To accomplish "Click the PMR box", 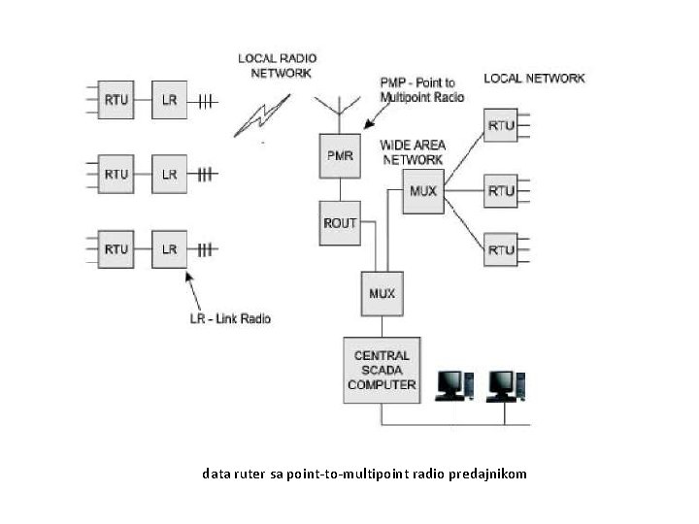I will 339,156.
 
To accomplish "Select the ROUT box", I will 339,222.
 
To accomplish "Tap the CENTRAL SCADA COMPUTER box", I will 382,370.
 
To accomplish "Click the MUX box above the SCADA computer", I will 382,293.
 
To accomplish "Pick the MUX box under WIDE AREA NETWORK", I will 423,191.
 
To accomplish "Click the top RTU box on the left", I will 116,100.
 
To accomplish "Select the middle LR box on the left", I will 170,175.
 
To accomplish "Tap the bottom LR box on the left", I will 170,249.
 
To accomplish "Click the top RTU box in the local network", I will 501,125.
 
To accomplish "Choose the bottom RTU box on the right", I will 501,249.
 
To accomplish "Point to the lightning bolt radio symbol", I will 262,115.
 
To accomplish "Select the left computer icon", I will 453,385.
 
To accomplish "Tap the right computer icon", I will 505,385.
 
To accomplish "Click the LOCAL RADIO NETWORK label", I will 278,66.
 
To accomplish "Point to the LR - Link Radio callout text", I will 230,318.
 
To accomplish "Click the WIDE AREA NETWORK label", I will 414,152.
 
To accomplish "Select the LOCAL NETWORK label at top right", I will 534,78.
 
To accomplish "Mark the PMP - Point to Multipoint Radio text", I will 423,90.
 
